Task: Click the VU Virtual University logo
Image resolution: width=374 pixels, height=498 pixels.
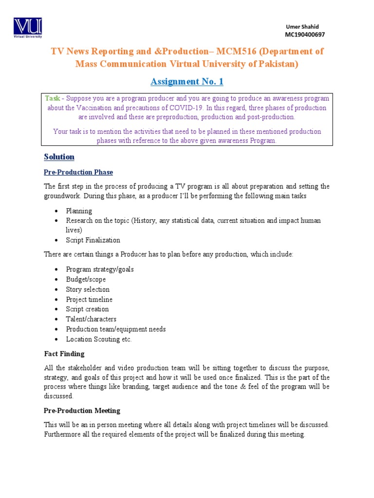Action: click(x=28, y=28)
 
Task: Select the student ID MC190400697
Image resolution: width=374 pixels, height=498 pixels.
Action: click(x=304, y=35)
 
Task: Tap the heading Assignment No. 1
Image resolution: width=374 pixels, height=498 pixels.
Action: click(x=187, y=81)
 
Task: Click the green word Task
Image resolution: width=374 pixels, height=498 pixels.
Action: click(x=52, y=98)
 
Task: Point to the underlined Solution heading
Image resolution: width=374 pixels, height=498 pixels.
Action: click(x=59, y=157)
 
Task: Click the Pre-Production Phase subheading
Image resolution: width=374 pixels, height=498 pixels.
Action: click(x=78, y=172)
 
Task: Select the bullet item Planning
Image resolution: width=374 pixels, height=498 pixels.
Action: click(x=79, y=211)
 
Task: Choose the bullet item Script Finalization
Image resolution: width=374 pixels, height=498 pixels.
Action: click(x=93, y=240)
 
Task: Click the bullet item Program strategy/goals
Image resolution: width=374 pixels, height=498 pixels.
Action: click(x=100, y=269)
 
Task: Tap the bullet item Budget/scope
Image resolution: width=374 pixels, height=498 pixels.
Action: click(x=86, y=280)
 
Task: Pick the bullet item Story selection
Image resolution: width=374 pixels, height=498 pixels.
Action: click(x=88, y=289)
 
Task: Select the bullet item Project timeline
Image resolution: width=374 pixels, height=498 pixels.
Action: click(x=89, y=300)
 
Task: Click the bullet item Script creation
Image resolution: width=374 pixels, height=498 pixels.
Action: click(x=87, y=309)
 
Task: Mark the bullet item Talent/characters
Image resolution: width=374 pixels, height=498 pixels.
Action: click(x=91, y=319)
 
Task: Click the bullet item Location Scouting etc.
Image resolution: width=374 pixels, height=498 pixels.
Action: click(x=99, y=339)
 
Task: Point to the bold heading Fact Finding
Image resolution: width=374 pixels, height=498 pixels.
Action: click(x=64, y=354)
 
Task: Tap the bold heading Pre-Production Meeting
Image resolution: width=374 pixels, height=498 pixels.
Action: click(x=82, y=410)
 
